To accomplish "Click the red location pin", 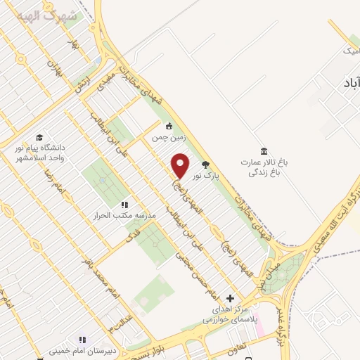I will tap(180, 165).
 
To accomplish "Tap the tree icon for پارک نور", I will tap(205, 165).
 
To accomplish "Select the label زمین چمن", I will tap(167, 139).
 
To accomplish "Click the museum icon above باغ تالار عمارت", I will tap(264, 151).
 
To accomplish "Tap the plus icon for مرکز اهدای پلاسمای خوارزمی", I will tap(229, 298).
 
